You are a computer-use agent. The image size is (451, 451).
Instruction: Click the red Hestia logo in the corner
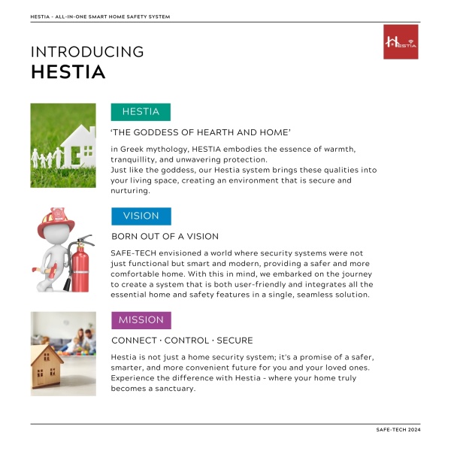coord(400,41)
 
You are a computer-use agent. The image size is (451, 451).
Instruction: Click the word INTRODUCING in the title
coord(87,52)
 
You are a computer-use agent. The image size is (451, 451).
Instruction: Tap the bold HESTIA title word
coord(68,73)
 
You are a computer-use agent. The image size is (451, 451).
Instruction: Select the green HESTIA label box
coord(141,112)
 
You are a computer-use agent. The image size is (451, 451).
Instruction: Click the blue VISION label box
coord(141,216)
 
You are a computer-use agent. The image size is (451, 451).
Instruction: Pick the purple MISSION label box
coord(141,320)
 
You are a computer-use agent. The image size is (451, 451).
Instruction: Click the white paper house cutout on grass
coord(77,146)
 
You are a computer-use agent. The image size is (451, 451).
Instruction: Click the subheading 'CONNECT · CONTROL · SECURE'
coord(182,341)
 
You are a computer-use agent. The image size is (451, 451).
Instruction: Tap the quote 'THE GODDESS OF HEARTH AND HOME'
coord(201,132)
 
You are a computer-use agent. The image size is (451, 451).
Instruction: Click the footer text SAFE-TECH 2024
coord(398,429)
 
